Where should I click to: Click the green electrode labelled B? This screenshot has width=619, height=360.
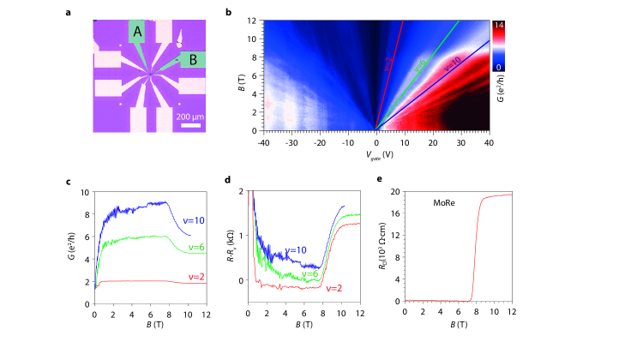(194, 59)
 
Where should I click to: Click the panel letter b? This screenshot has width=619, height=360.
(227, 12)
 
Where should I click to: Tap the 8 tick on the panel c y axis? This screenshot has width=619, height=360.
(88, 214)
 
